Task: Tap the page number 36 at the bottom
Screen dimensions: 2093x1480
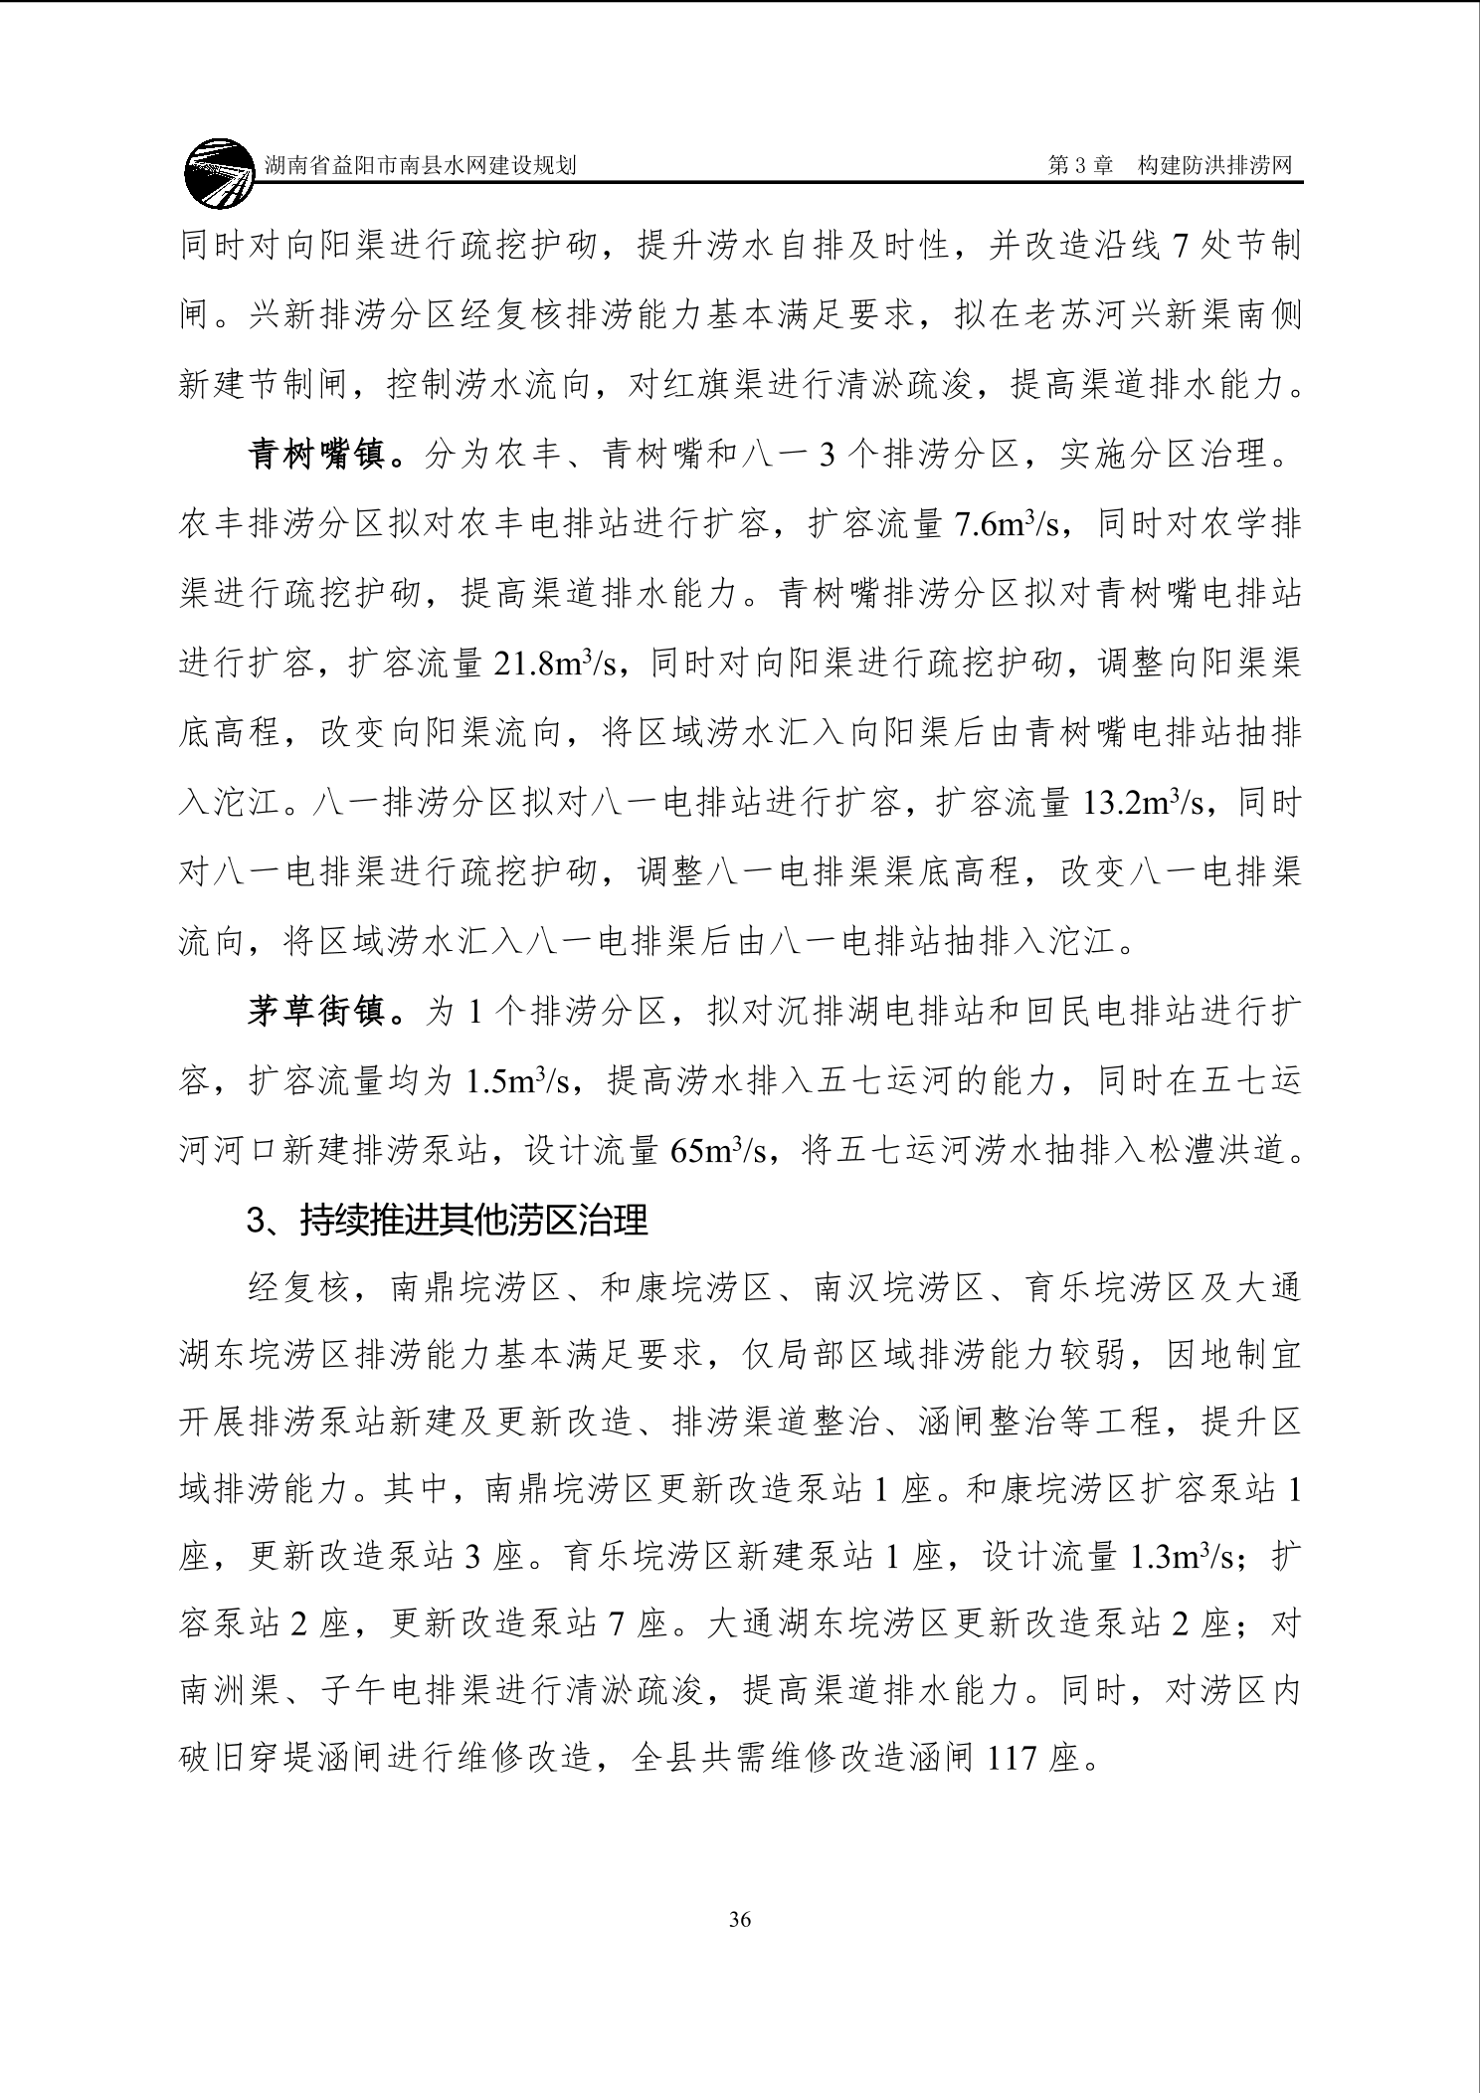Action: pyautogui.click(x=739, y=1920)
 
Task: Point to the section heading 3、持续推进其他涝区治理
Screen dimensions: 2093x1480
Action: pyautogui.click(x=448, y=1221)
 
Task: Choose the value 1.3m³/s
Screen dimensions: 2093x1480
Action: pyautogui.click(x=1184, y=1557)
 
